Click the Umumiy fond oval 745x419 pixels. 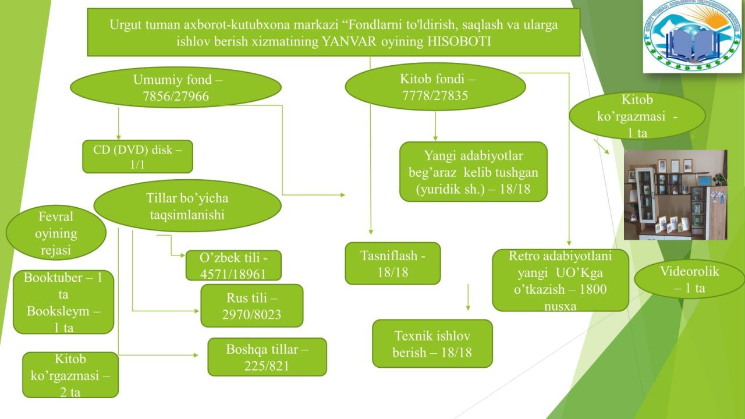175,87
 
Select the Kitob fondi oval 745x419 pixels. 435,87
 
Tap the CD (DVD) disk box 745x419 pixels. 137,157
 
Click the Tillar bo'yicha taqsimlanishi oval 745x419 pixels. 187,205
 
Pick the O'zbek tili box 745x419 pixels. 233,265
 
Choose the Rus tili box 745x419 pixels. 251,306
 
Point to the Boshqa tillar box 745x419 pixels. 267,357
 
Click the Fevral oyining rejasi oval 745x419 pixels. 56,233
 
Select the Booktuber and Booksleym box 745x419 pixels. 63,302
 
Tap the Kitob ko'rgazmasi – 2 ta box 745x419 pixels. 70,375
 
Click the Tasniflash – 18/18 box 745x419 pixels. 392,263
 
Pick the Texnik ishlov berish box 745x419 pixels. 432,343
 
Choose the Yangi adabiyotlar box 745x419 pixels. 473,172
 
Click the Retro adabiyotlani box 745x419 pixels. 560,280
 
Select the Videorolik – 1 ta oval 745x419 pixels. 689,279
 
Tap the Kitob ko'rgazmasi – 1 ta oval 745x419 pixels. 637,115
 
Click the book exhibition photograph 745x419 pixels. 675,194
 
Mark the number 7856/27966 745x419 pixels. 175,97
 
